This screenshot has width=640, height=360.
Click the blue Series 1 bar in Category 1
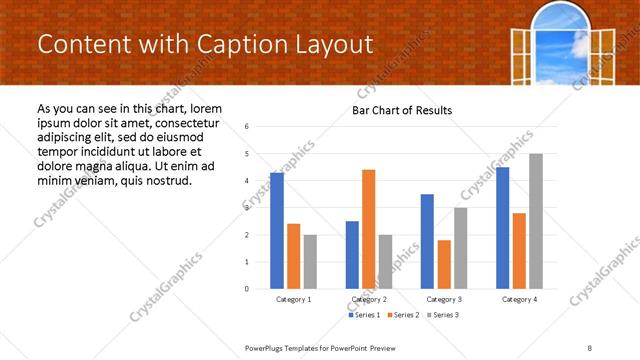[x=277, y=231]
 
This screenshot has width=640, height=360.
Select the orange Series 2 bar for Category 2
[x=368, y=229]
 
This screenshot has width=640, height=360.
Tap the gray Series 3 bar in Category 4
[x=535, y=221]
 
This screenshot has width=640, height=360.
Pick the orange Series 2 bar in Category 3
[x=444, y=264]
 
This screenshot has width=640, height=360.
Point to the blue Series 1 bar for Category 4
[x=502, y=228]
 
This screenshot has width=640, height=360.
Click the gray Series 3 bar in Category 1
[x=310, y=262]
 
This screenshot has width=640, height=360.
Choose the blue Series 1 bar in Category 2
[x=352, y=255]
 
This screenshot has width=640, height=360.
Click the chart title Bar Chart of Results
[x=402, y=110]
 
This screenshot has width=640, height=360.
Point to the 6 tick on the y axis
[x=247, y=127]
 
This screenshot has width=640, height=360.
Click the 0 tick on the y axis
[x=247, y=289]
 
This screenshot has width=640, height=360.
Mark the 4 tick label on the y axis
[x=247, y=181]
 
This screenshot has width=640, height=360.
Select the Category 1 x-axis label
[x=293, y=299]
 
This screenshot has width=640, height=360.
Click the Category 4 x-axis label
[x=519, y=299]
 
